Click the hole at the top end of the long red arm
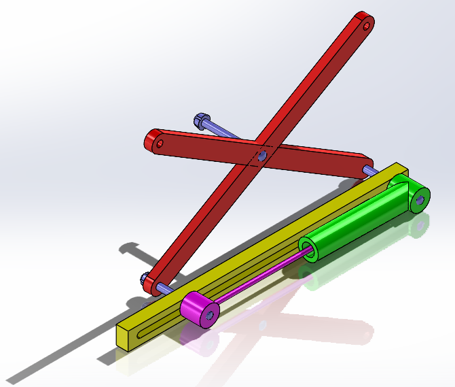[x=367, y=27]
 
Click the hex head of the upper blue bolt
[x=201, y=121]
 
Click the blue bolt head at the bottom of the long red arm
[x=146, y=279]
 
